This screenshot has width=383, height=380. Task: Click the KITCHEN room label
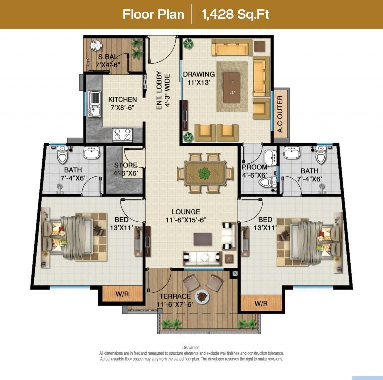[122, 100]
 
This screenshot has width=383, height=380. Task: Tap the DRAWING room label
[199, 74]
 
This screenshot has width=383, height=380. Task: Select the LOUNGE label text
[186, 212]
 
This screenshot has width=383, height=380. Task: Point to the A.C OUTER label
[280, 114]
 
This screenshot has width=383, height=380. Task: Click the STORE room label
[126, 165]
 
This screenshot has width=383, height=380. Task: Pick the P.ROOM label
[254, 167]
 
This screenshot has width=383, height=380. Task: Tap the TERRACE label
[175, 296]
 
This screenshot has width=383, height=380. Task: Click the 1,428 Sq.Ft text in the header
[235, 14]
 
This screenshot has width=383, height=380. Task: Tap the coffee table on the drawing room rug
[232, 88]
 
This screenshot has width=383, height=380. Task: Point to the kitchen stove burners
[122, 134]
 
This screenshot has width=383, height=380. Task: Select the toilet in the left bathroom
[62, 155]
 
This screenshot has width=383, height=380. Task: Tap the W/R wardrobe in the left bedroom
[122, 294]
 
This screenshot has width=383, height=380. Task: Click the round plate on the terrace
[202, 297]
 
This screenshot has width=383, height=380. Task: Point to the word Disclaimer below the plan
[191, 348]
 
